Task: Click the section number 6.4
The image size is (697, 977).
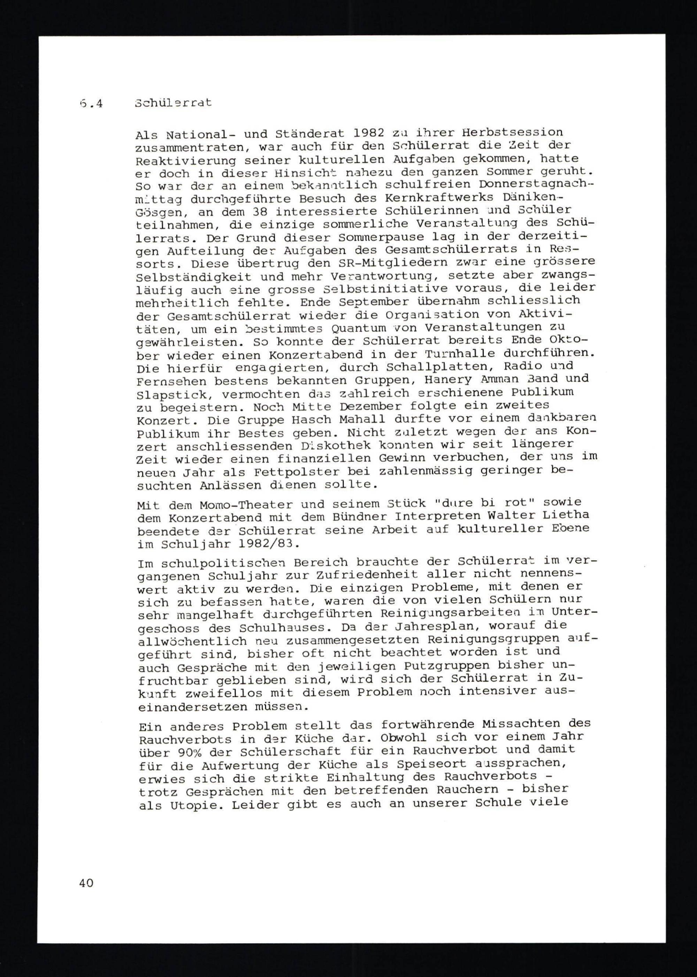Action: pyautogui.click(x=91, y=104)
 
